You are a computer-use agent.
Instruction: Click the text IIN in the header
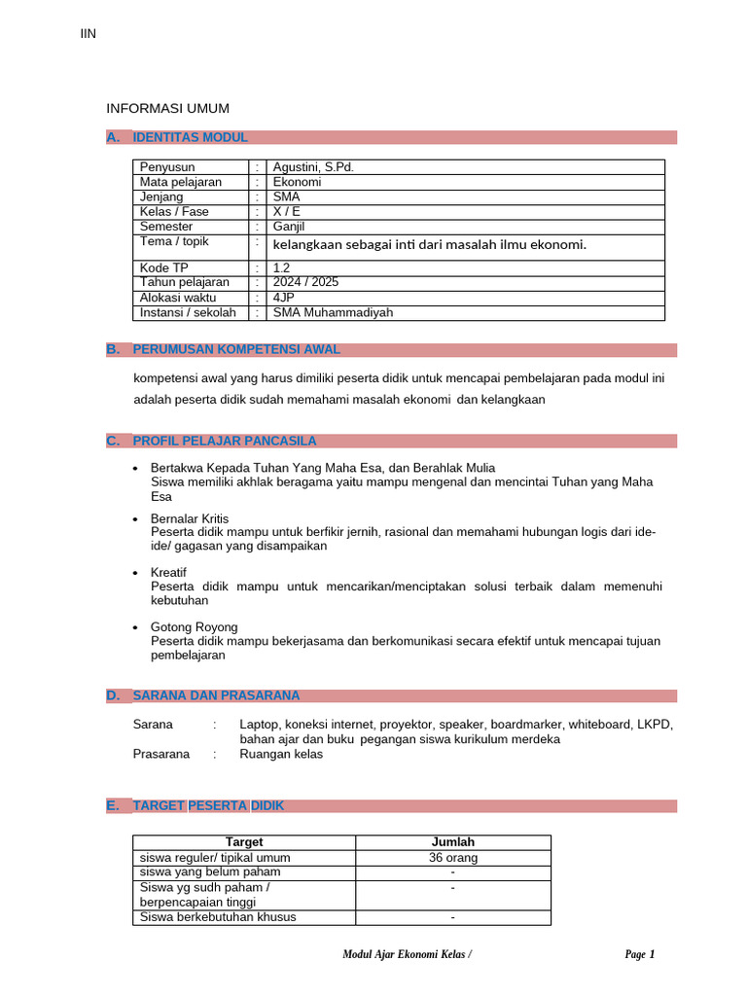pos(88,35)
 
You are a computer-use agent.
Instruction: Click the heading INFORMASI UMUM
pos(167,108)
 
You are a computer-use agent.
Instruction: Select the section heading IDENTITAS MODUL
pos(190,138)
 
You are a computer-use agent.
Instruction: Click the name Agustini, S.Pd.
pos(313,167)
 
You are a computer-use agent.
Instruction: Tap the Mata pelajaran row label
pos(181,182)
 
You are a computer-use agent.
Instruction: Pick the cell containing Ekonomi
pos(297,182)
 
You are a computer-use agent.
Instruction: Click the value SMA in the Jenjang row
pos(287,196)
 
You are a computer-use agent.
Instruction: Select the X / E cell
pos(287,211)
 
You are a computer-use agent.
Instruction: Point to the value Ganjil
pos(289,227)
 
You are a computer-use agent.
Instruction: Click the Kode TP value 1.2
pos(282,267)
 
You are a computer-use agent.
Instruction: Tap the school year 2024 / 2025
pos(306,282)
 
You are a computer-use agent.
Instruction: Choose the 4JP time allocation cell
pos(285,298)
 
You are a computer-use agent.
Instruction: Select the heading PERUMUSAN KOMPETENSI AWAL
pos(236,350)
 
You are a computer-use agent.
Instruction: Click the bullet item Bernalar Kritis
pos(190,518)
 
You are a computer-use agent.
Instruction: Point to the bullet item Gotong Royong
pos(195,627)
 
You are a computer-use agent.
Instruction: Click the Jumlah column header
pos(453,842)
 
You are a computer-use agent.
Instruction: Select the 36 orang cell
pos(453,858)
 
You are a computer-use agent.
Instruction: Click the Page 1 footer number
pos(639,955)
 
